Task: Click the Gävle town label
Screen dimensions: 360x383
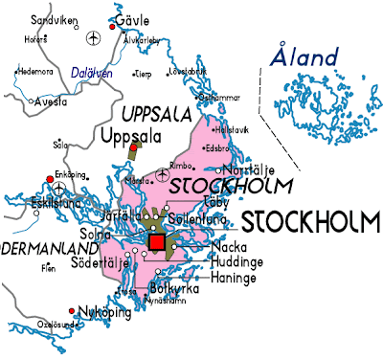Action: pos(133,20)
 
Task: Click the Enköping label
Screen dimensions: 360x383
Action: pos(69,177)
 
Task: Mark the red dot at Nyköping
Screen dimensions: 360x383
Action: pos(73,311)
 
